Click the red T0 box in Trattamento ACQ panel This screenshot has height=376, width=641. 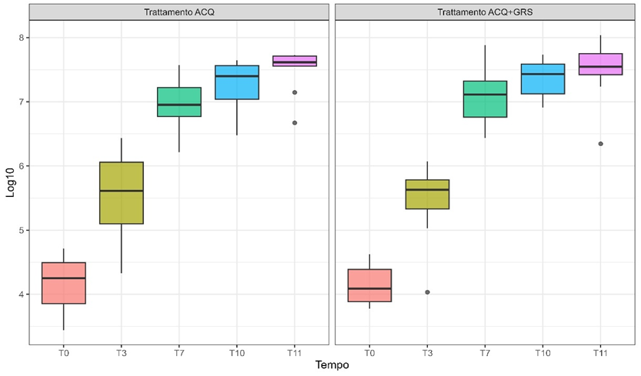pyautogui.click(x=64, y=283)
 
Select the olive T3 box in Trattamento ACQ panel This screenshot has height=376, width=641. pyautogui.click(x=122, y=193)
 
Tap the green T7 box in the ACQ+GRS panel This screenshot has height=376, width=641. pyautogui.click(x=485, y=98)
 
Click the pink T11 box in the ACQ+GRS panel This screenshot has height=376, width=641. pyautogui.click(x=600, y=64)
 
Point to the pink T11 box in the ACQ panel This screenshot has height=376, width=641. pyautogui.click(x=295, y=61)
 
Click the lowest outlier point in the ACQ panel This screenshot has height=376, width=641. pyautogui.click(x=295, y=122)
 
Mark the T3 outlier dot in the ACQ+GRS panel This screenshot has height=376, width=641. pyautogui.click(x=427, y=292)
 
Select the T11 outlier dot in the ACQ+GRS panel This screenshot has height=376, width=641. pyautogui.click(x=600, y=144)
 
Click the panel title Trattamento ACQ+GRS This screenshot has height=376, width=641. pyautogui.click(x=485, y=12)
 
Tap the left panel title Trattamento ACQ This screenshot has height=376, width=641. pyautogui.click(x=179, y=12)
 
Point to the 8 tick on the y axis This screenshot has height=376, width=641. pyautogui.click(x=23, y=38)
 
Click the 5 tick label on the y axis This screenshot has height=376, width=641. pyautogui.click(x=23, y=230)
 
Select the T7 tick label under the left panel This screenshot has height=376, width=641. pyautogui.click(x=179, y=353)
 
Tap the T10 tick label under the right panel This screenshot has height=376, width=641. pyautogui.click(x=543, y=353)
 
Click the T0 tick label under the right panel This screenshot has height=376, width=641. pyautogui.click(x=369, y=353)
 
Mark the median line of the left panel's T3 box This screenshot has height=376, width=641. pyautogui.click(x=122, y=191)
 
